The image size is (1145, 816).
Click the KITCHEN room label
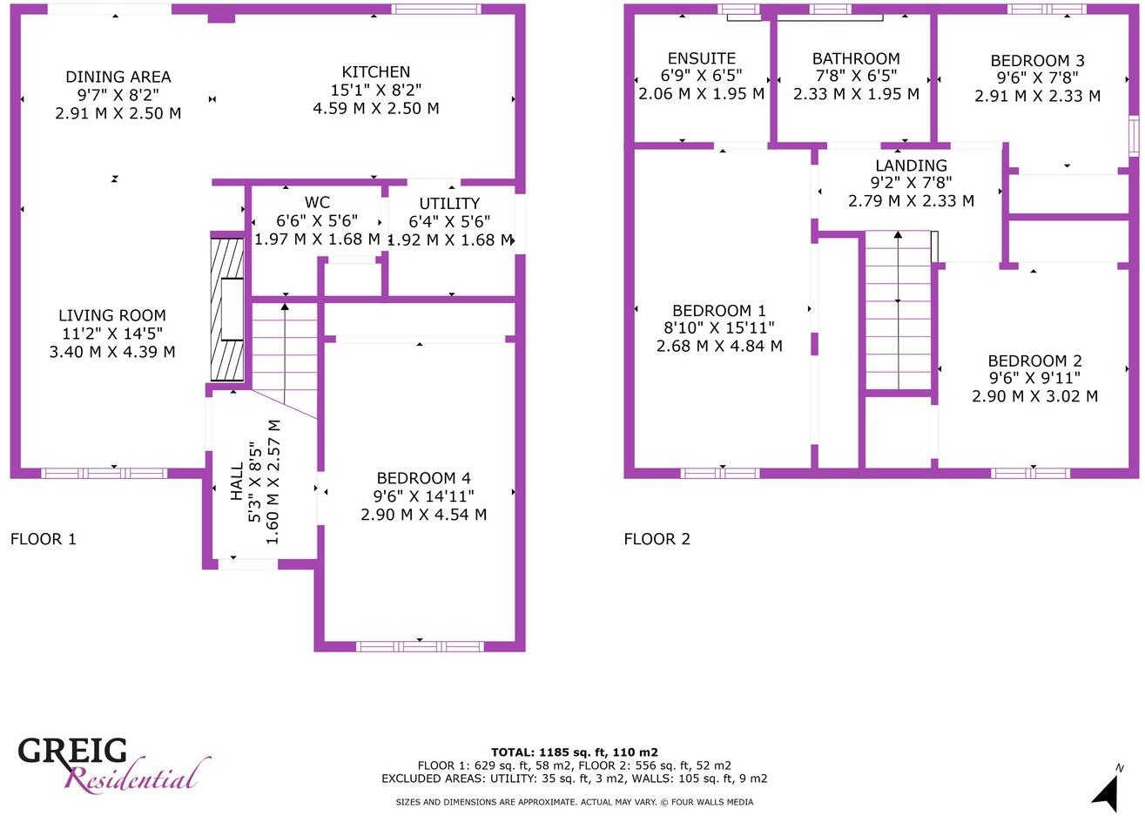376,72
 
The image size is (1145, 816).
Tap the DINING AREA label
118,78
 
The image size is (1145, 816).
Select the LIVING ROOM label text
112,316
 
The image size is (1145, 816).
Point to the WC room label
317,203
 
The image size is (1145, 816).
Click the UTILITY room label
449,204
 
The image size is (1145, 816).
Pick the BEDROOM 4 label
423,478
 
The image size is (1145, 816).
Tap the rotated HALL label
238,482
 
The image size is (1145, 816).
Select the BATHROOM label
856,58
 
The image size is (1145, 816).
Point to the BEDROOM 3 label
1037,61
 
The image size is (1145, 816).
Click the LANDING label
911,165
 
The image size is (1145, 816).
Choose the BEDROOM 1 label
719,311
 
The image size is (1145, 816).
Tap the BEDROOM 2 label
1034,361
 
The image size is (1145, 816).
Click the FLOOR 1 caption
44,539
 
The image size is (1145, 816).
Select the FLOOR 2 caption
657,539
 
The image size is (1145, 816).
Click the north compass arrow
1107,792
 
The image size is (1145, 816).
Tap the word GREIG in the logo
73,751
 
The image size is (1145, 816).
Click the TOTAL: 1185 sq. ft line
574,752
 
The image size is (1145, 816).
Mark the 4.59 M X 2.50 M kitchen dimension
376,109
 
